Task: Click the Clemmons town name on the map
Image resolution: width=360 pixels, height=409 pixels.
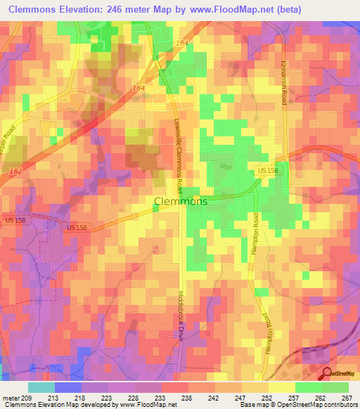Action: tap(180, 202)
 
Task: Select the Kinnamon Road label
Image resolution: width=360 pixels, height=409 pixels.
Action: tap(284, 80)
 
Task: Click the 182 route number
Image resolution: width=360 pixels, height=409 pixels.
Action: tap(15, 171)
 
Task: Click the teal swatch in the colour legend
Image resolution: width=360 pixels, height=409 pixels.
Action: tap(41, 387)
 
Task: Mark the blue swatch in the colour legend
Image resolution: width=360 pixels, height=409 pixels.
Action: tap(68, 387)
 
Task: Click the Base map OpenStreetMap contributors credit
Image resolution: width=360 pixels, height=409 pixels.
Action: tap(299, 405)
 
